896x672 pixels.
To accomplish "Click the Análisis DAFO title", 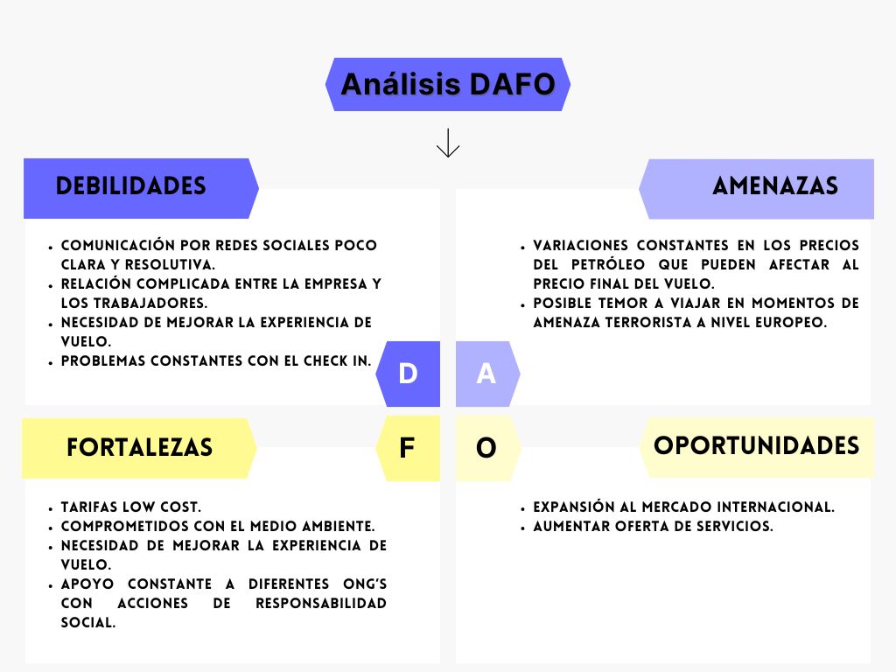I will pos(447,85).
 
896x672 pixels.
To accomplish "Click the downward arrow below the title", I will pos(448,143).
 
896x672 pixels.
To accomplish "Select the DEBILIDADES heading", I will pos(131,186).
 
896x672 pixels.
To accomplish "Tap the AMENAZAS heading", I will pos(775,186).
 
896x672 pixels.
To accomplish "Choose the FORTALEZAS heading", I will pos(139,448).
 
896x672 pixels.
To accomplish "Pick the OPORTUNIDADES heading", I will pos(756,445).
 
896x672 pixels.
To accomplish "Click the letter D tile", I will pos(408,374).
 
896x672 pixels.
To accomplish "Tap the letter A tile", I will pos(486,374).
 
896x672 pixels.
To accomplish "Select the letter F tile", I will pos(407,449).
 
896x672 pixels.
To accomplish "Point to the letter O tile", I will pos(486,449).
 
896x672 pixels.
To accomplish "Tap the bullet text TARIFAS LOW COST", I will pos(131,507).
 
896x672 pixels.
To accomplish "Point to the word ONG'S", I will pos(360,584).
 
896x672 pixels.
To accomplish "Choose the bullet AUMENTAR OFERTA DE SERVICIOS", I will pos(654,526).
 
